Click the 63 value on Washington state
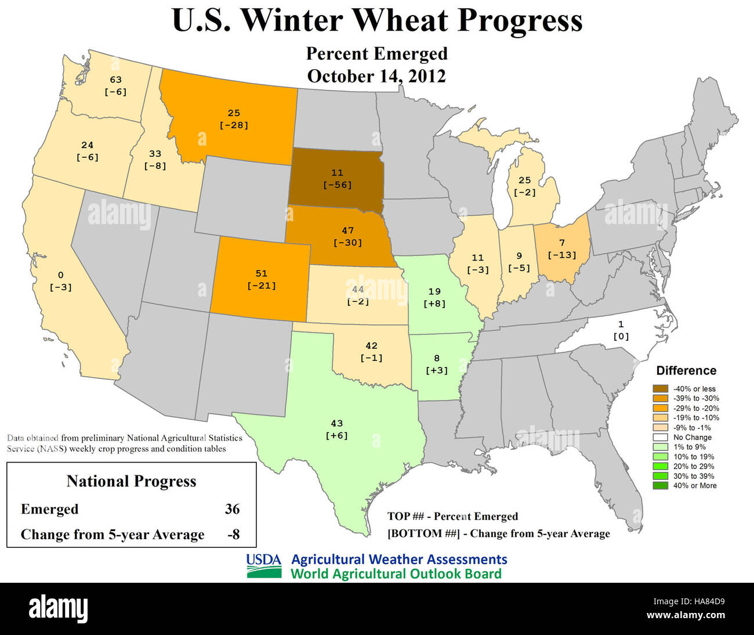115,80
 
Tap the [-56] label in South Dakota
337,185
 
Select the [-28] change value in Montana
234,125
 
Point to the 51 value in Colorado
262,273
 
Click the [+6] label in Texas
336,435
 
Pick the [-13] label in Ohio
561,255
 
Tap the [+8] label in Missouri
434,304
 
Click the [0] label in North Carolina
621,336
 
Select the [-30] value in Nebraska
347,243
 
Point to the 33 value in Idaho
155,154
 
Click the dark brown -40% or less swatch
660,389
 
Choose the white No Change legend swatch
660,437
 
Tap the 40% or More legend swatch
660,486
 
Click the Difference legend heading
686,370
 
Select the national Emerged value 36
232,509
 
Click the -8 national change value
233,534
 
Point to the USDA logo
264,566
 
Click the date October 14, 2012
376,76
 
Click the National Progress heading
131,481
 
